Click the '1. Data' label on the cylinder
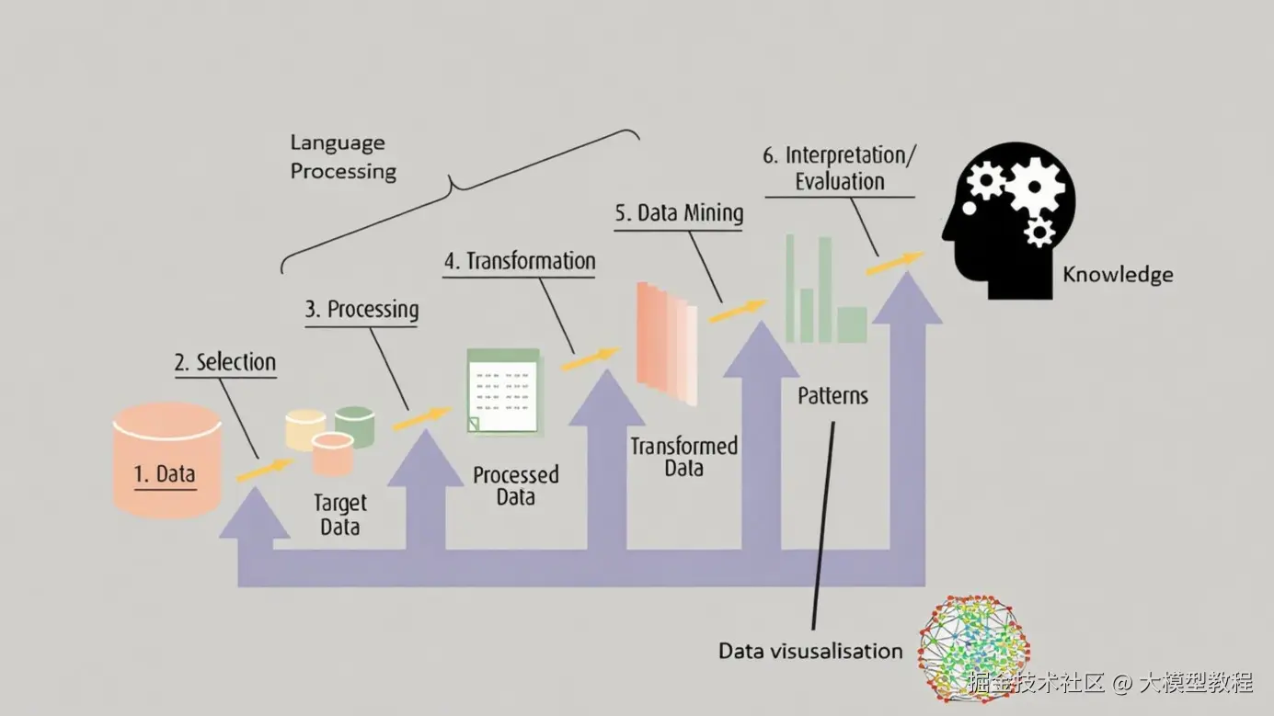click(x=166, y=474)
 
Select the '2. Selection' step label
click(x=225, y=362)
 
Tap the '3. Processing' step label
click(x=362, y=310)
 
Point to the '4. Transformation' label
click(x=520, y=261)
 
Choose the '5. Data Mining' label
click(x=679, y=214)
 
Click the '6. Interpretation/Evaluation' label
click(x=839, y=167)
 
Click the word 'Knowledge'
click(x=1118, y=274)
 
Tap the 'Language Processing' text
click(x=343, y=157)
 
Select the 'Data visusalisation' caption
click(x=810, y=651)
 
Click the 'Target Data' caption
click(x=339, y=516)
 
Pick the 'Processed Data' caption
click(x=515, y=486)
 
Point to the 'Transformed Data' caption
click(x=683, y=457)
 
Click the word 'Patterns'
click(x=832, y=396)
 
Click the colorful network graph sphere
click(x=973, y=646)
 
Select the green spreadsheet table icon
click(x=502, y=391)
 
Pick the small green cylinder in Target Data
click(x=354, y=426)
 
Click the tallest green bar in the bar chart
click(x=825, y=288)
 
